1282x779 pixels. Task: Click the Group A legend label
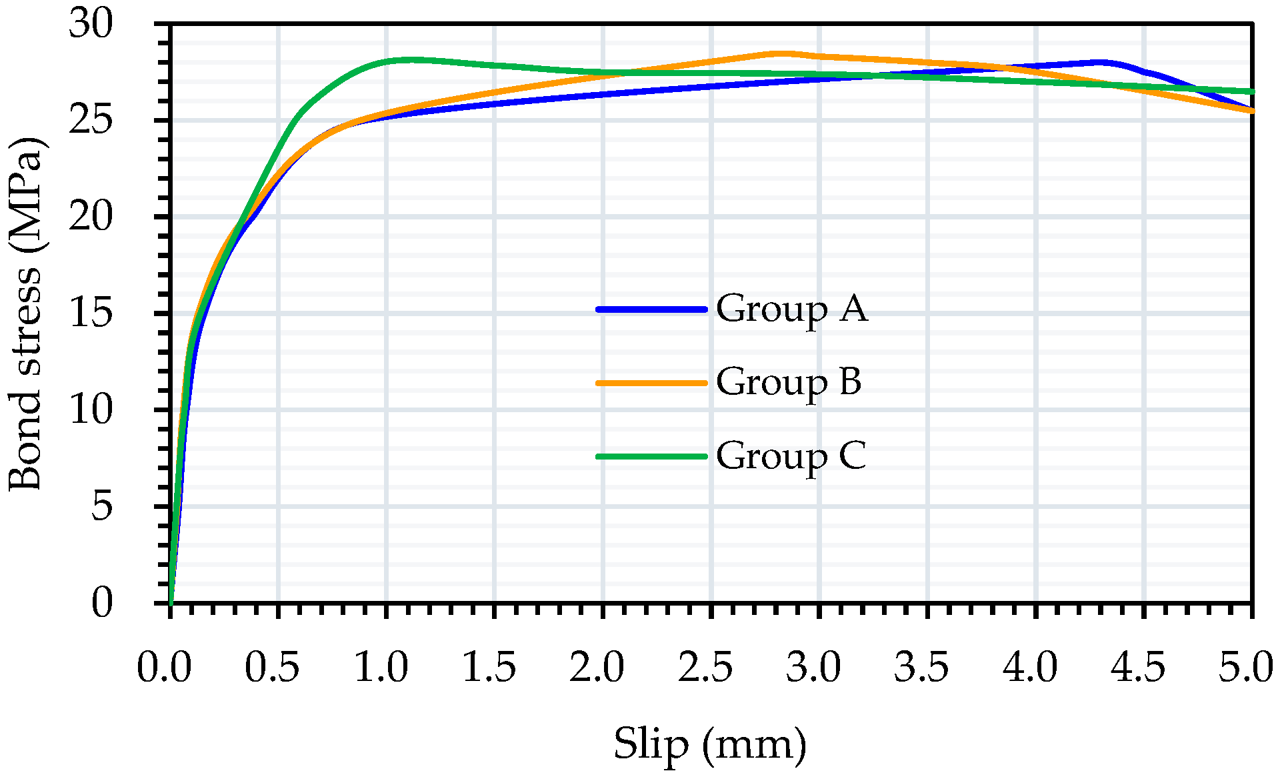point(791,309)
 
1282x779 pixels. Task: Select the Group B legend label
point(789,382)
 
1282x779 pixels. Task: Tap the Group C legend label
point(791,456)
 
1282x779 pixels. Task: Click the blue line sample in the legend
point(651,309)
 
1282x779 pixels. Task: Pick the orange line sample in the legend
point(651,383)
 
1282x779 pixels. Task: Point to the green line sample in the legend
point(651,456)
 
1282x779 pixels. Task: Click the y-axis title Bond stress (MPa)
point(25,313)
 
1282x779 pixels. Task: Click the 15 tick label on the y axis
point(91,313)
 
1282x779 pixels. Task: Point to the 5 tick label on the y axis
point(101,506)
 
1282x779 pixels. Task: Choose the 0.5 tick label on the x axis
point(272,668)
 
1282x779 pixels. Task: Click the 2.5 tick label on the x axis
point(705,668)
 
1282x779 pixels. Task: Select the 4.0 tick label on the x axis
point(1030,668)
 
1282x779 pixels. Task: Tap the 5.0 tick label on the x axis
point(1245,668)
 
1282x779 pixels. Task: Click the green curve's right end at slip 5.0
point(1252,91)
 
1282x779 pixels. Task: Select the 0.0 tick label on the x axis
point(164,668)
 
